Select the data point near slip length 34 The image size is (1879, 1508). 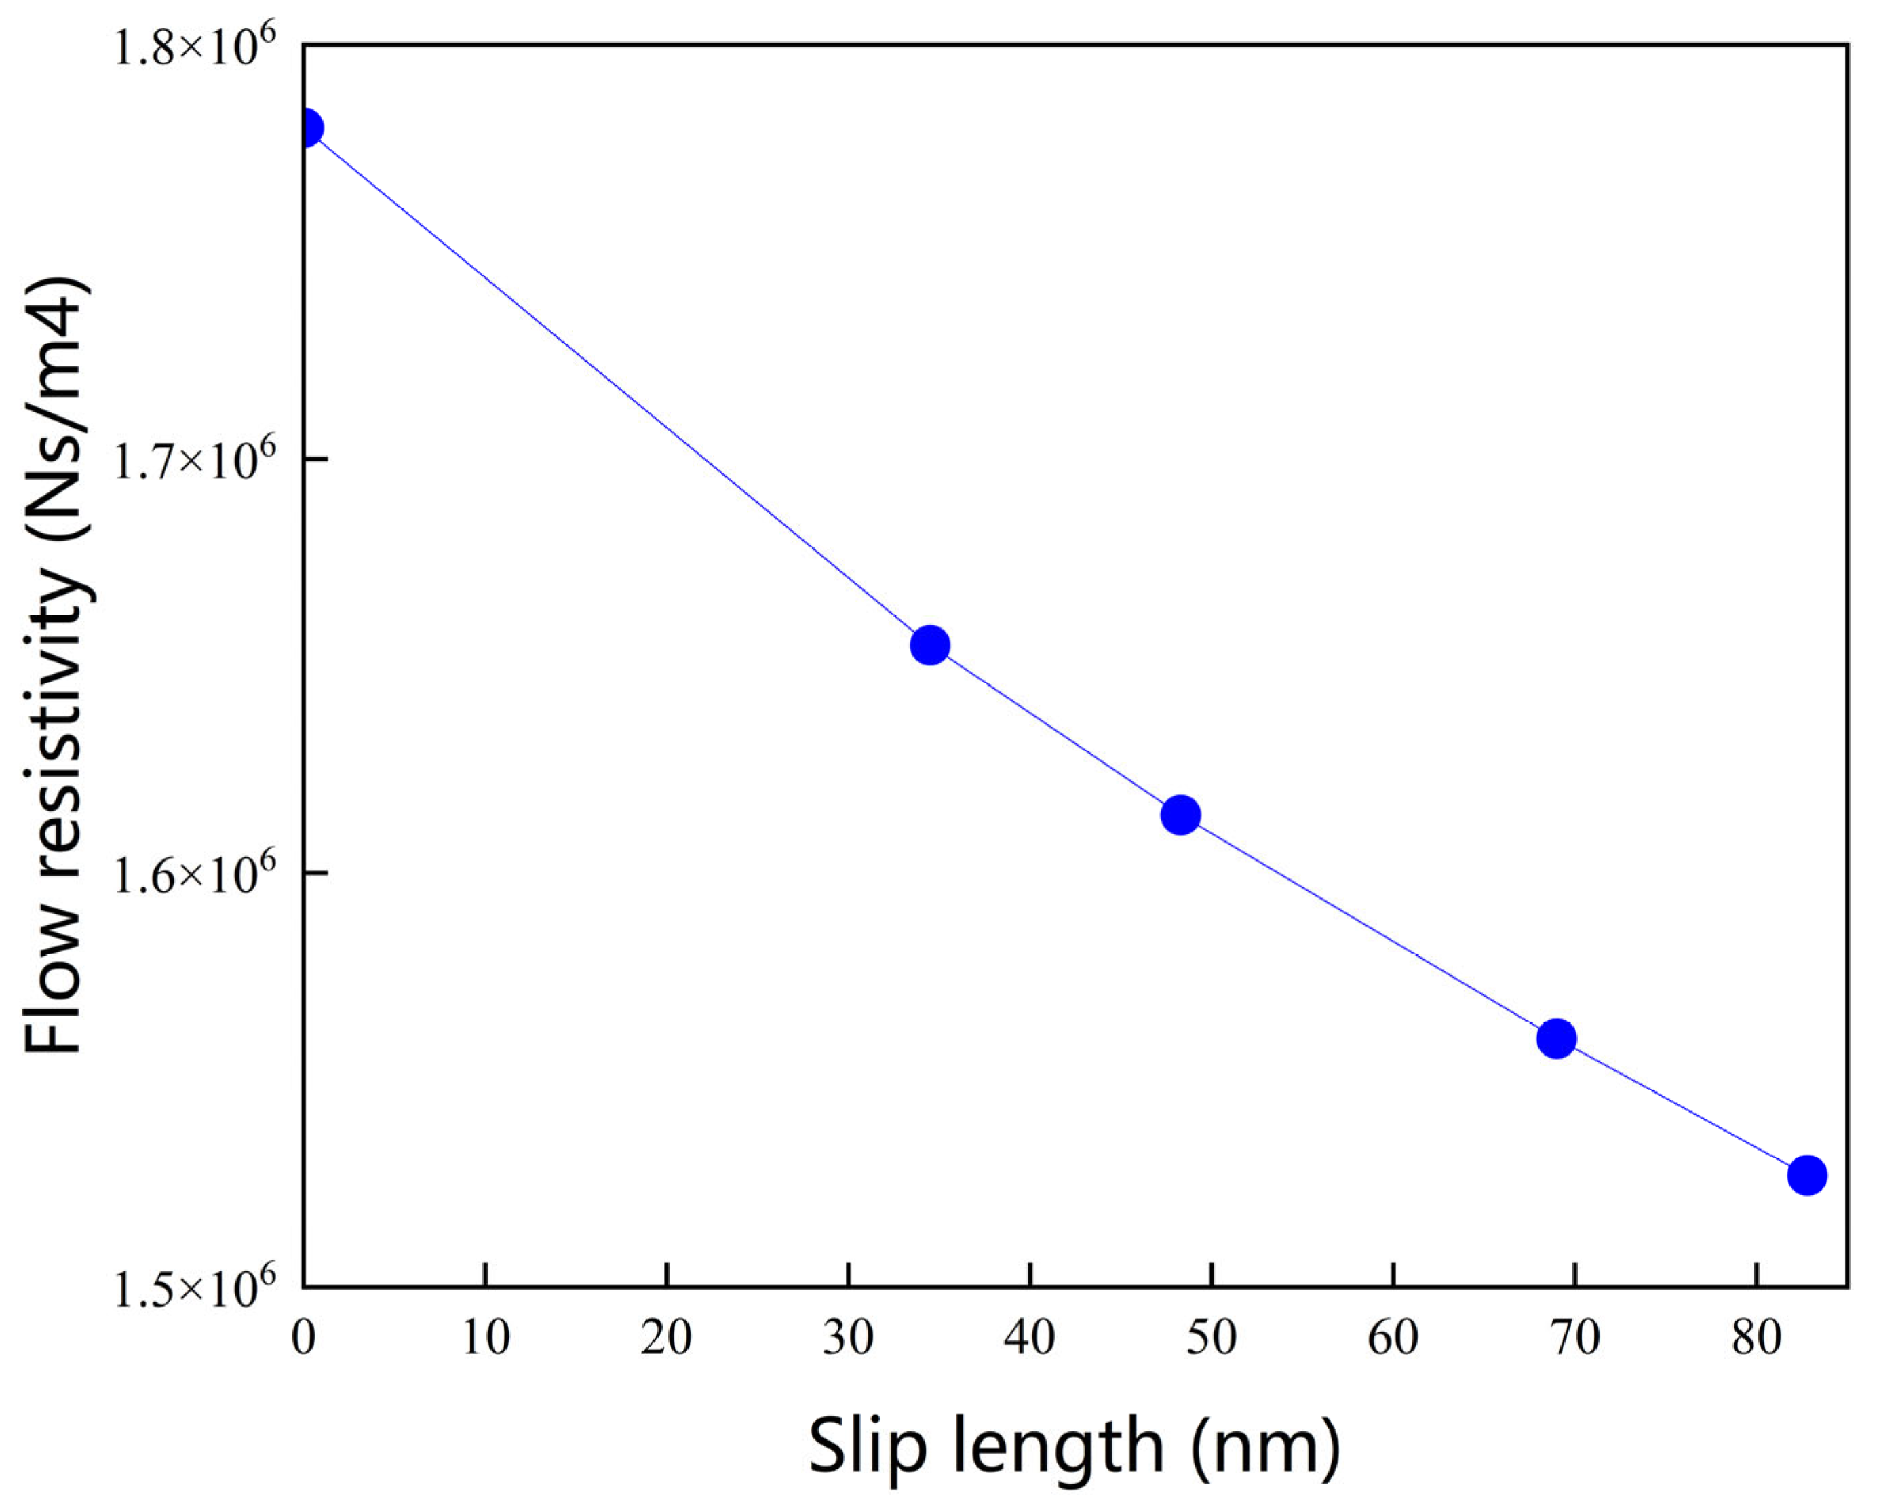pyautogui.click(x=930, y=645)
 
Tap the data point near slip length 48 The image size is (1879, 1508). pyautogui.click(x=1181, y=815)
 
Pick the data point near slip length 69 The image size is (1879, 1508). pyautogui.click(x=1557, y=1038)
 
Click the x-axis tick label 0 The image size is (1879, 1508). pyautogui.click(x=304, y=1337)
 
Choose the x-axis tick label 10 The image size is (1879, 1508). pyautogui.click(x=486, y=1337)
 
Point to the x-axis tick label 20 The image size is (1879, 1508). pyautogui.click(x=667, y=1337)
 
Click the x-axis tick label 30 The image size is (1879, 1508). pyautogui.click(x=848, y=1337)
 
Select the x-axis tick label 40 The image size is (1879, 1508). pyautogui.click(x=1030, y=1337)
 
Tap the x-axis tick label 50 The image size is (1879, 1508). pyautogui.click(x=1212, y=1337)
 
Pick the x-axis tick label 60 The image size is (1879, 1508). pyautogui.click(x=1393, y=1337)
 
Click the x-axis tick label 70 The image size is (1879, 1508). pyautogui.click(x=1575, y=1337)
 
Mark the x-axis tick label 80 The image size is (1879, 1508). pyautogui.click(x=1756, y=1337)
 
